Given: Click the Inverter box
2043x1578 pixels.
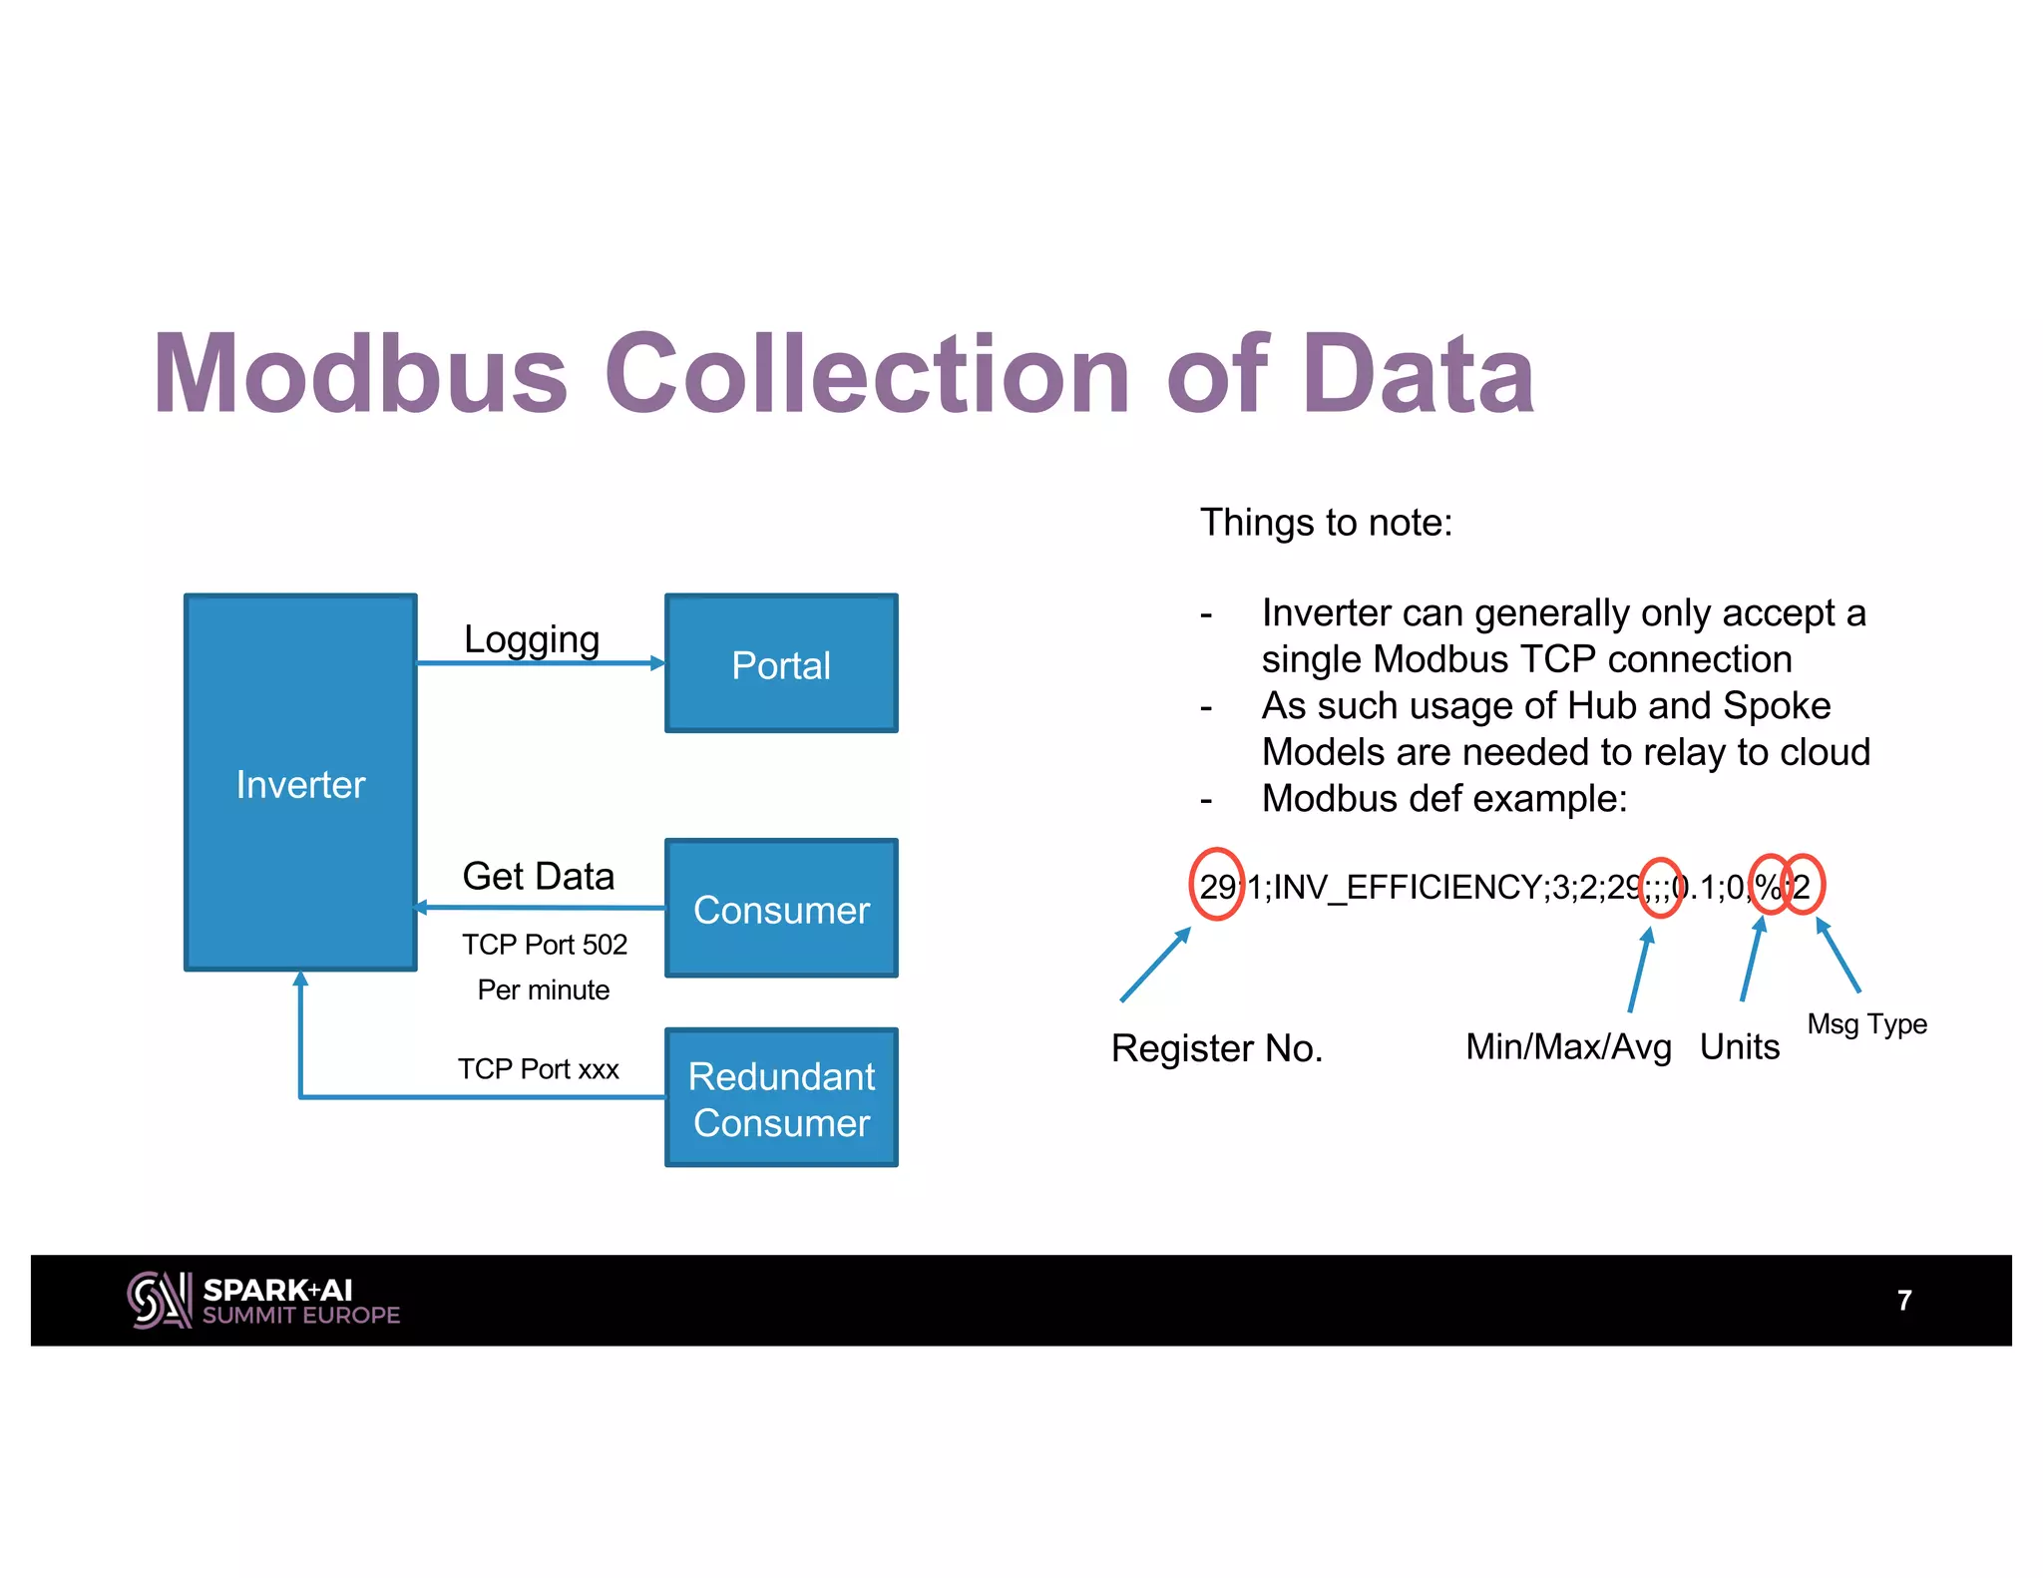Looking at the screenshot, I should coord(300,782).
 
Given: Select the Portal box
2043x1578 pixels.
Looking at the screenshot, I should coord(781,663).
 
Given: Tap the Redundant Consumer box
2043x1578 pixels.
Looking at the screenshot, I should coord(781,1097).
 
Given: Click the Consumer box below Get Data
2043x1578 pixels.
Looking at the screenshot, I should coord(781,908).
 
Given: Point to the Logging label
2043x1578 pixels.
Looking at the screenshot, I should coord(532,639).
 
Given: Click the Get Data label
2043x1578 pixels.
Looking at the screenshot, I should coord(539,876).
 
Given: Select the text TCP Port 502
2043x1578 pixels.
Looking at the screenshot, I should coord(545,944).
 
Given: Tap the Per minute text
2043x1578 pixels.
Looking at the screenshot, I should coord(544,989).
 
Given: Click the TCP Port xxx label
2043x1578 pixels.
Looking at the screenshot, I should coord(539,1069).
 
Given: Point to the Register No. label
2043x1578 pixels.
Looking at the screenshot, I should coord(1217,1048).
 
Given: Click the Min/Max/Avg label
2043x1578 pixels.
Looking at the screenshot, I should coord(1568,1046).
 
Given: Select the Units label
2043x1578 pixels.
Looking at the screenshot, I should coord(1740,1046).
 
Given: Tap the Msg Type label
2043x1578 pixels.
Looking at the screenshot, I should coord(1866,1023).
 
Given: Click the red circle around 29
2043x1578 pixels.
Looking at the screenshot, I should coord(1217,884).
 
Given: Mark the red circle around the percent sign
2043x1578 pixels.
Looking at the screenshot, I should coord(1770,884).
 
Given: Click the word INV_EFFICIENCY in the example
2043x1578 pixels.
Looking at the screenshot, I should coord(1407,887).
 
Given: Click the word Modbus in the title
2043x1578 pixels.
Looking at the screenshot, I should coord(361,374).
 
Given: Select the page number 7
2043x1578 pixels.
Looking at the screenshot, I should coord(1904,1300).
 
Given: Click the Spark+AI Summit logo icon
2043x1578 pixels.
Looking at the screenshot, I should coord(159,1300).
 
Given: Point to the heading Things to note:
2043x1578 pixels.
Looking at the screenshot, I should coord(1326,523).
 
